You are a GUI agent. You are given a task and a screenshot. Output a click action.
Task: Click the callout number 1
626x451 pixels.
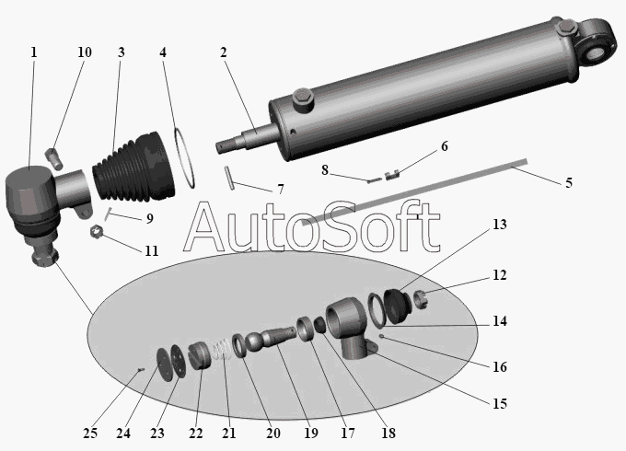click(33, 52)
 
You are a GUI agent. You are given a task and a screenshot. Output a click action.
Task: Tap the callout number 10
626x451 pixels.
click(84, 52)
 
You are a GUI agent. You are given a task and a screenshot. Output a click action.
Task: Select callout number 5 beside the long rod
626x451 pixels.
click(568, 182)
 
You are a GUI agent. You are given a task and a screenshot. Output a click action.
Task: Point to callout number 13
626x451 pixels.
click(498, 225)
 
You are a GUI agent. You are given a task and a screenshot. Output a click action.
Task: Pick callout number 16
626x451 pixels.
click(498, 366)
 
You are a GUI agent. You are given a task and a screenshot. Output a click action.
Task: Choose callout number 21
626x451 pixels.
click(229, 434)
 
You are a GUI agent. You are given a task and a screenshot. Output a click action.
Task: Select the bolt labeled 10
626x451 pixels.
click(53, 160)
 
